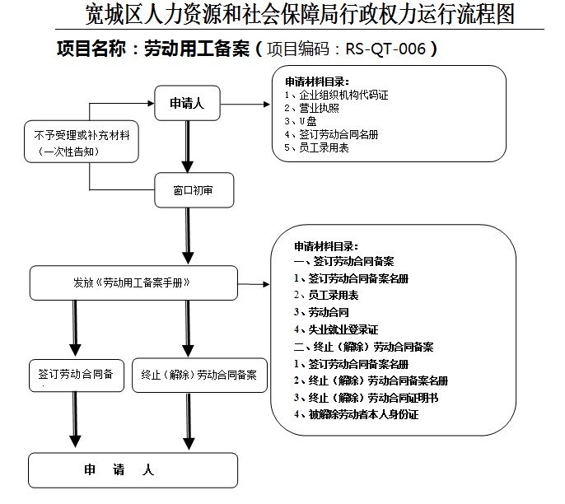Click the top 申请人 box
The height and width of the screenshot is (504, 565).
pos(187,104)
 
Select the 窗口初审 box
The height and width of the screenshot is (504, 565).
pos(194,190)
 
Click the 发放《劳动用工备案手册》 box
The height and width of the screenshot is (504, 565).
pos(133,282)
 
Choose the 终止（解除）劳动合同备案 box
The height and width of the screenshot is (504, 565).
pos(198,374)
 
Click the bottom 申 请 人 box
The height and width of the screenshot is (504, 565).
pos(133,470)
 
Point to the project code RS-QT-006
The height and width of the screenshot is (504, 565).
pos(385,49)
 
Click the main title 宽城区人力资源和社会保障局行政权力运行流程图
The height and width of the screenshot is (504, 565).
pos(300,15)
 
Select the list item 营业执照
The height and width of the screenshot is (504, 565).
pos(317,108)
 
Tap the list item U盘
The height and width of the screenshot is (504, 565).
pos(306,121)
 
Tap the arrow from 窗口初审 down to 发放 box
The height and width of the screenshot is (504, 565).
pos(189,235)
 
